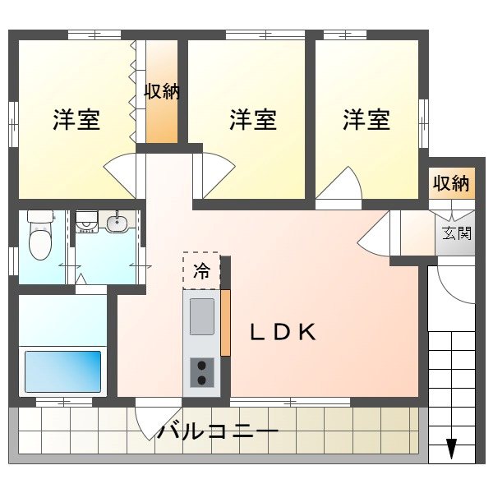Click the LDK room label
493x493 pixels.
[x=283, y=332]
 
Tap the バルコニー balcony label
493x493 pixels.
[x=218, y=431]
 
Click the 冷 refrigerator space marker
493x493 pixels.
[x=200, y=270]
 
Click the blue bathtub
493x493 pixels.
[x=62, y=371]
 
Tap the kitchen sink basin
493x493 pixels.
[x=202, y=317]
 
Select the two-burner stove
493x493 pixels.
[x=202, y=371]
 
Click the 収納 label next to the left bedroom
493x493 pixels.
[x=161, y=91]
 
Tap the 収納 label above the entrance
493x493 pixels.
[x=452, y=183]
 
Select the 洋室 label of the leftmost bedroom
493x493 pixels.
[x=76, y=120]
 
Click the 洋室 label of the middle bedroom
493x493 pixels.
[x=252, y=120]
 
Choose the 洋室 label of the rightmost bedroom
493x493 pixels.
[x=366, y=120]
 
